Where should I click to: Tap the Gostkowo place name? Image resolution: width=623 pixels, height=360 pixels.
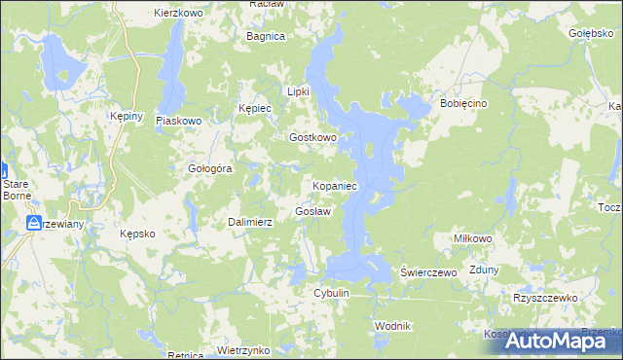pyautogui.click(x=312, y=138)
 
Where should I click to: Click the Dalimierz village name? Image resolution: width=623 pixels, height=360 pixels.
pyautogui.click(x=250, y=222)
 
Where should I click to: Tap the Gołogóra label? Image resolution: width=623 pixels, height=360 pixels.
pyautogui.click(x=209, y=168)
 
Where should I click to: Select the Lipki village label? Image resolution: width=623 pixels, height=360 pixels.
pyautogui.click(x=297, y=91)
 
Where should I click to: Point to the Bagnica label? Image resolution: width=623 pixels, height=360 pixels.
pyautogui.click(x=266, y=36)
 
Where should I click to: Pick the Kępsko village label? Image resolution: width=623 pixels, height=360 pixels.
pyautogui.click(x=137, y=234)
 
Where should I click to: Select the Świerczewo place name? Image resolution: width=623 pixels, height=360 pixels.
pyautogui.click(x=429, y=273)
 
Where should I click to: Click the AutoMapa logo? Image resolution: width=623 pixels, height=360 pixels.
pyautogui.click(x=552, y=341)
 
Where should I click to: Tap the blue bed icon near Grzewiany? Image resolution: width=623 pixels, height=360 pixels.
pyautogui.click(x=34, y=224)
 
